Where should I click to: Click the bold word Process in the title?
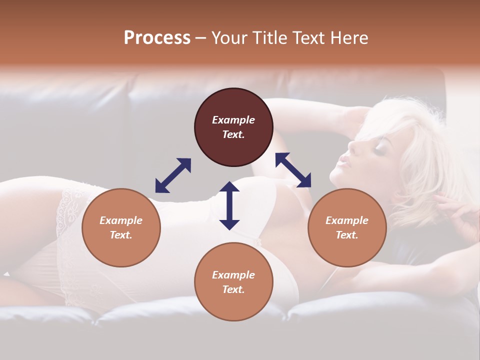click(157, 38)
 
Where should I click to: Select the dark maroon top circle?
click(233, 127)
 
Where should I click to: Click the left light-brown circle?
click(121, 227)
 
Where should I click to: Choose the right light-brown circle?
click(347, 227)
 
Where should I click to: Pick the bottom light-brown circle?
click(233, 282)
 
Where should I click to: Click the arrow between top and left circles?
click(173, 175)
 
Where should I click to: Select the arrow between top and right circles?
click(293, 170)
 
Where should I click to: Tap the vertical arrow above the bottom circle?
click(229, 205)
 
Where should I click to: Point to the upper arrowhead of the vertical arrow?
click(229, 186)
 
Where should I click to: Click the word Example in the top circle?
click(233, 120)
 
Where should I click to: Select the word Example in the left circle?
click(121, 220)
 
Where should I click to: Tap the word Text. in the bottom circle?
click(233, 289)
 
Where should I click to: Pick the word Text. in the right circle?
click(347, 235)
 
